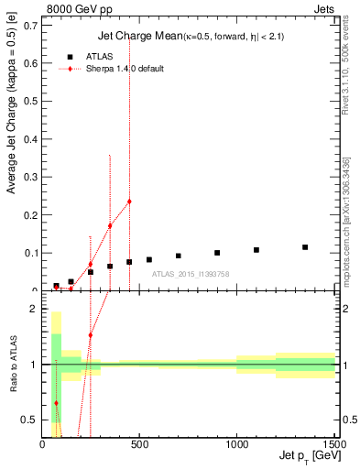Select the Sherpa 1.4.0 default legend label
125,70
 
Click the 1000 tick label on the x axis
237,445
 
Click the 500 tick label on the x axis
139,445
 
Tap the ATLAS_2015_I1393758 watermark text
191,274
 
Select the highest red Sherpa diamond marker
129,202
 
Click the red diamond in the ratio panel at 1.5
90,335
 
